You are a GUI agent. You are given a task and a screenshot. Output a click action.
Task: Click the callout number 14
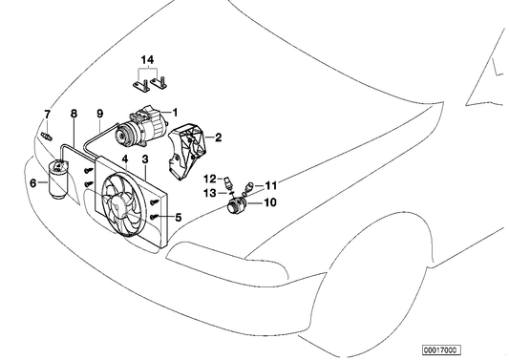pos(147,60)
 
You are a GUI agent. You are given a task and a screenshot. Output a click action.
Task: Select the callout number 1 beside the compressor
pos(176,113)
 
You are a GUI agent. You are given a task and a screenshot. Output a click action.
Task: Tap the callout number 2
pos(218,138)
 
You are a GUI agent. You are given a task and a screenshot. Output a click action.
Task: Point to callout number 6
pos(33,183)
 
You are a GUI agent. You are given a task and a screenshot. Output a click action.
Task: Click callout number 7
pos(48,115)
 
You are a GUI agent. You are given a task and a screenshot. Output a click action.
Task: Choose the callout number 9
pos(100,114)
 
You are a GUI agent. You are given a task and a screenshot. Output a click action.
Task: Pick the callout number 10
pos(269,202)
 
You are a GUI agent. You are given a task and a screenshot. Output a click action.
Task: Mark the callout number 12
pos(210,179)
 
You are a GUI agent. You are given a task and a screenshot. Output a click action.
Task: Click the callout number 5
pos(179,218)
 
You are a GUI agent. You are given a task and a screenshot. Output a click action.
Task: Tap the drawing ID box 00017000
pos(441,349)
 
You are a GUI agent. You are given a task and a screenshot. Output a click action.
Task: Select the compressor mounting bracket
pos(187,152)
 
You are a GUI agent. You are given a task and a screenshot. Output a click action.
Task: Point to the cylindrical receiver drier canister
pos(58,178)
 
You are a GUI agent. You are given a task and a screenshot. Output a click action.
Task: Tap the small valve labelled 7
pos(47,137)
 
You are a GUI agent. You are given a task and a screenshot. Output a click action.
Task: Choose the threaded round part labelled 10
pos(236,205)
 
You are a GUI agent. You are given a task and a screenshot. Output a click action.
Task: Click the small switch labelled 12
pos(228,183)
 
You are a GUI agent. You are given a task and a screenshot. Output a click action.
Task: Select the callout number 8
pos(74,114)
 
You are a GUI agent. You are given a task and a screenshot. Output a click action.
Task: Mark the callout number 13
pos(210,193)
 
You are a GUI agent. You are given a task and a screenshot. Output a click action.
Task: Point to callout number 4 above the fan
pos(125,159)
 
